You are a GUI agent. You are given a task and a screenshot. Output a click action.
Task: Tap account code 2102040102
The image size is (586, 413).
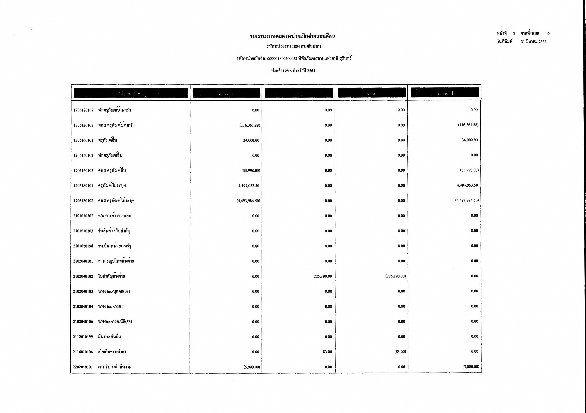pyautogui.click(x=83, y=277)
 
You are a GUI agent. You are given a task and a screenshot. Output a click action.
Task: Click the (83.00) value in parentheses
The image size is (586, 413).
pyautogui.click(x=400, y=351)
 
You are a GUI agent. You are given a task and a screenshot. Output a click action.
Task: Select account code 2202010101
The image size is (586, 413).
pyautogui.click(x=83, y=367)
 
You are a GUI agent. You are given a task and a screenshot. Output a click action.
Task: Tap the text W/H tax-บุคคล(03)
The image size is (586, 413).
pyautogui.click(x=114, y=291)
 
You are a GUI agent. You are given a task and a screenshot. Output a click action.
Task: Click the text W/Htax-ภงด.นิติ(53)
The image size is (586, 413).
pyautogui.click(x=115, y=322)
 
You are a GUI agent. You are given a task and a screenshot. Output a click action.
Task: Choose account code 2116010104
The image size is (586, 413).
pyautogui.click(x=83, y=352)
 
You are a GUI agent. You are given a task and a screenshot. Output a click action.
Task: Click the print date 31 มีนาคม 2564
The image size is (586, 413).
pyautogui.click(x=533, y=42)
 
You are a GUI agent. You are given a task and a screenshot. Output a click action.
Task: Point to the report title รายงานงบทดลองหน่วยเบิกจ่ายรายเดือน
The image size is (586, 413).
pyautogui.click(x=292, y=36)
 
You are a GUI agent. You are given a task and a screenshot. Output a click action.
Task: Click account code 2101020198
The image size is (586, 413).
pyautogui.click(x=83, y=246)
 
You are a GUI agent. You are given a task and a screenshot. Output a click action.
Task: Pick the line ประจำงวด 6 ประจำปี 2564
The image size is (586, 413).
pyautogui.click(x=293, y=71)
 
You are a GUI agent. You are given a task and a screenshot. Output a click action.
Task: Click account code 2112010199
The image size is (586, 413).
pyautogui.click(x=83, y=337)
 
